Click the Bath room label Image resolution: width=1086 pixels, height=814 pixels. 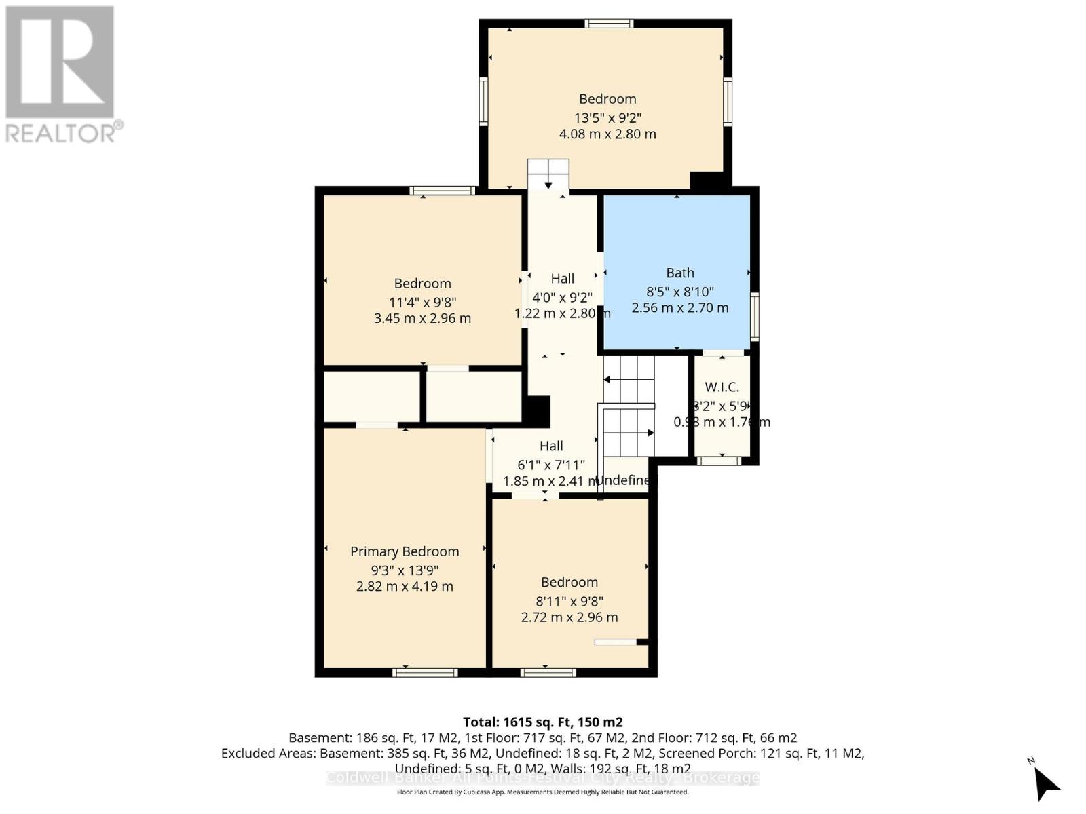tap(679, 273)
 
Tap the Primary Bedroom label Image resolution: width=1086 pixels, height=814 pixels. tap(405, 551)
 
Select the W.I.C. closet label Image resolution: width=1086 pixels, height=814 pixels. tap(722, 387)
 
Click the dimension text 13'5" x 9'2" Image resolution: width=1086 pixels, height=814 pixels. tap(607, 117)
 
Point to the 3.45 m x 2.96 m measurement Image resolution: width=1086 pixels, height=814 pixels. tap(422, 318)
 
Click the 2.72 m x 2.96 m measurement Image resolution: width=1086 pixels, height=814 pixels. tap(569, 617)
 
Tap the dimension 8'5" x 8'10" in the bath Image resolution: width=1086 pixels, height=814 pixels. tap(679, 292)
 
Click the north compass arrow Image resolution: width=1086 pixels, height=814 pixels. tap(1045, 783)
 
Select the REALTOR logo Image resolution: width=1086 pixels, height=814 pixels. tap(61, 75)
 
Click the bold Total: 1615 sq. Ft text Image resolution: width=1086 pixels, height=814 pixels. tap(542, 722)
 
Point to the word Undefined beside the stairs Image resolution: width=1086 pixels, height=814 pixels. tap(626, 480)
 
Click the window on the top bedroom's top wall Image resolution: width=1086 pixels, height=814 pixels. tap(610, 24)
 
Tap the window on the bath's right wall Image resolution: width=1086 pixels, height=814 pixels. tap(754, 316)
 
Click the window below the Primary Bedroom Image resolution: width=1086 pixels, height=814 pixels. tap(426, 672)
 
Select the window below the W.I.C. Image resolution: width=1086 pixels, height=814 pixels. tap(719, 461)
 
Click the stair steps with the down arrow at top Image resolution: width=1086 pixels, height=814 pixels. tap(548, 175)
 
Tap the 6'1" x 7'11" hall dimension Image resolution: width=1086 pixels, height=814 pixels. tap(551, 465)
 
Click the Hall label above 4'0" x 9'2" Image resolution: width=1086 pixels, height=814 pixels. tap(562, 278)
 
